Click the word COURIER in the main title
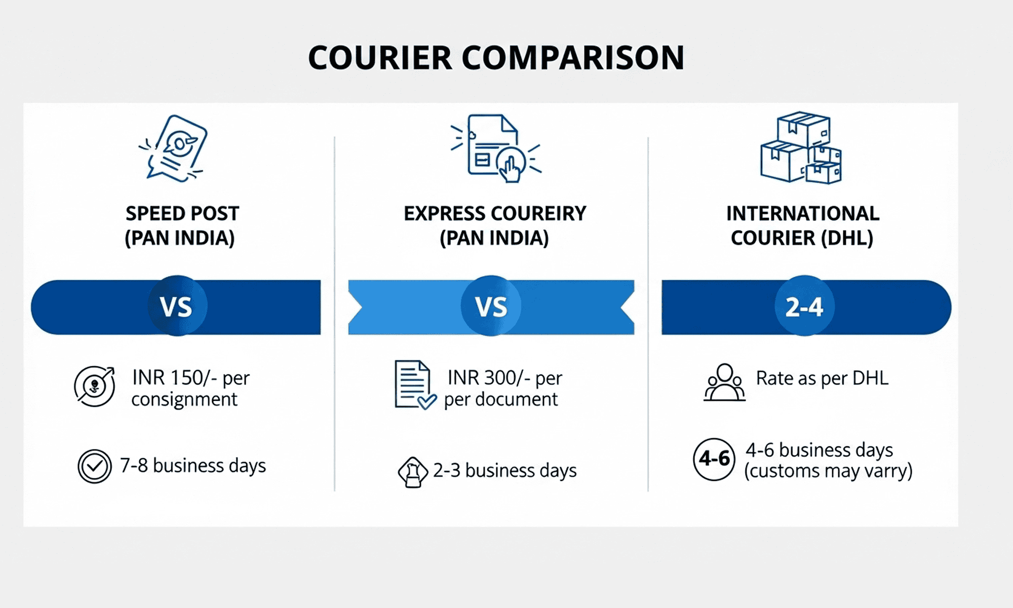click(x=380, y=57)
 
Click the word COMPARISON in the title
click(x=573, y=57)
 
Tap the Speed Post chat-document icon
click(x=173, y=148)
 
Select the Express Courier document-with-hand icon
click(x=496, y=148)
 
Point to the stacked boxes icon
click(x=801, y=147)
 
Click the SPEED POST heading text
click(x=182, y=213)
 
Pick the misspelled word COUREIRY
click(x=538, y=213)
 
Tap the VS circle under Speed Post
click(x=177, y=306)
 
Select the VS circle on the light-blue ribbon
click(x=491, y=306)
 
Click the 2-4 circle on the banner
click(x=804, y=306)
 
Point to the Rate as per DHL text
click(x=822, y=378)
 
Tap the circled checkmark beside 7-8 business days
click(x=95, y=466)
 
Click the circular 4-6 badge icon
click(x=714, y=459)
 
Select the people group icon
click(x=724, y=383)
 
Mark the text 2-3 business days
click(x=504, y=471)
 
